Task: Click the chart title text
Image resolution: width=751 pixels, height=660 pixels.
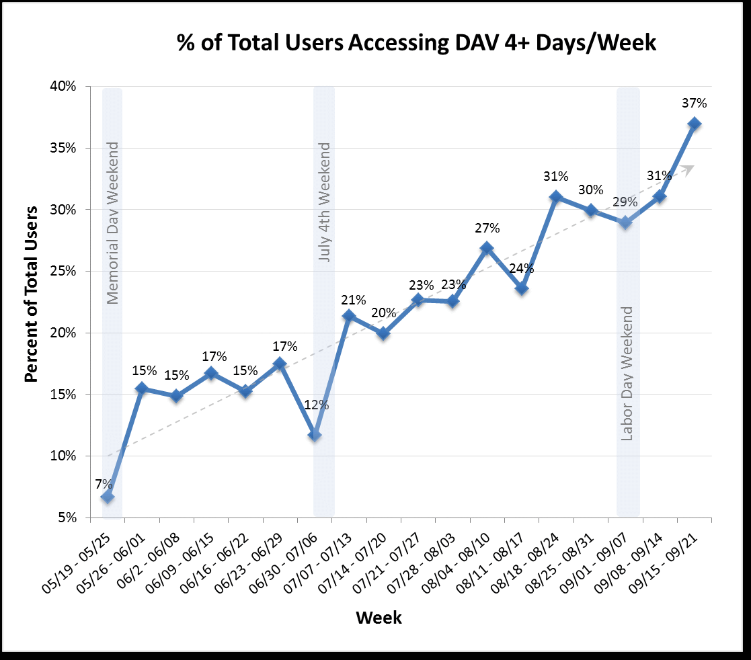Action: tap(416, 42)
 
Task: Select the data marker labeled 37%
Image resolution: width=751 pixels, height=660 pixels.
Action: tap(695, 124)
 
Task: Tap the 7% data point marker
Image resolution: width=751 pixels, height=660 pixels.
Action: tap(108, 497)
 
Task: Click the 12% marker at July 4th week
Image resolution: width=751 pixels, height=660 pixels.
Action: tap(315, 436)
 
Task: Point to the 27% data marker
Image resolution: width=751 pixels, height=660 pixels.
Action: tap(487, 248)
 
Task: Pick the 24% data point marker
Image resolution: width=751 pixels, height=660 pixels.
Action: tap(522, 289)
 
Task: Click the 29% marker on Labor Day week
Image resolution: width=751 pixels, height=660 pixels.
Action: tap(625, 222)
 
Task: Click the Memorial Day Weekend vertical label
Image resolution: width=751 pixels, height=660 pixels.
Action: tap(112, 222)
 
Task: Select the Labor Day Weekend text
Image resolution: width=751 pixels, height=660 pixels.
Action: tap(627, 373)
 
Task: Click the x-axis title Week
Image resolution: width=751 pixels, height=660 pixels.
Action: tap(379, 617)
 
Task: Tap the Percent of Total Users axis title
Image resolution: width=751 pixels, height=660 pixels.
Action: tap(31, 302)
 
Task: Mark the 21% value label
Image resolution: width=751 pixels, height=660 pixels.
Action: tap(354, 300)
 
